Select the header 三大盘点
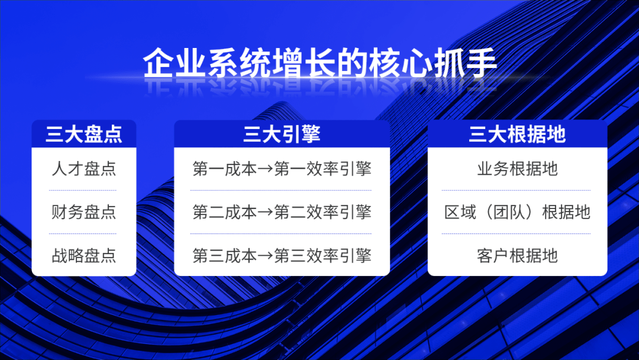pos(84,134)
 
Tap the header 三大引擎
pos(282,134)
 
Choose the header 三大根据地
pos(517,134)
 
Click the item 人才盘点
pos(84,169)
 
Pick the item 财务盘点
pos(84,212)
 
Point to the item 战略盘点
pos(84,256)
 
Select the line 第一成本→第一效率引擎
pos(282,169)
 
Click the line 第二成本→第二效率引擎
pos(282,212)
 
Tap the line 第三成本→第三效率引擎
pos(282,256)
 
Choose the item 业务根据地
pos(517,169)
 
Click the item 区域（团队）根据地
pos(517,212)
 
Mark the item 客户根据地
pos(517,256)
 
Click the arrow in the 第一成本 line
pos(266,169)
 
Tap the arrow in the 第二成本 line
pos(266,213)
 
